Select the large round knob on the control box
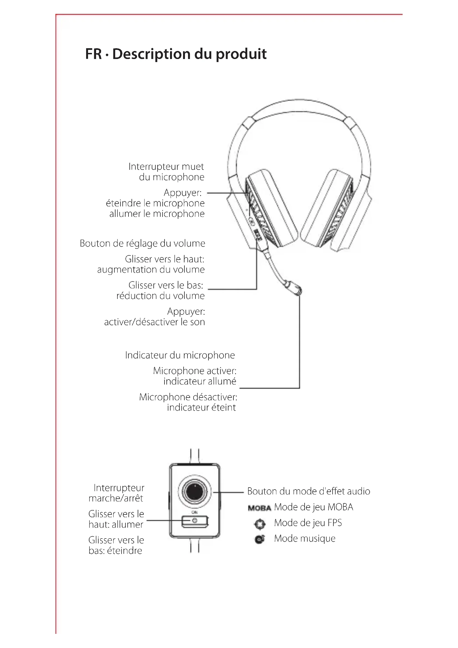pos(194,492)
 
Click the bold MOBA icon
pos(259,508)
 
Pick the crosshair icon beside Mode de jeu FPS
pos(259,524)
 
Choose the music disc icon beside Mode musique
pos(259,540)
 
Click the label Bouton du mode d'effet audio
pos(308,491)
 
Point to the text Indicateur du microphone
pos(180,355)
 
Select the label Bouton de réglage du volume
pos(142,243)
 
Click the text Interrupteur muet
pos(166,167)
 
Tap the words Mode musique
pos(305,539)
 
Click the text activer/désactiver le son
pos(154,322)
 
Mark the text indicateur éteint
pos(201,408)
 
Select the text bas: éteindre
pos(115,551)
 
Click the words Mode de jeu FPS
pos(308,523)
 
